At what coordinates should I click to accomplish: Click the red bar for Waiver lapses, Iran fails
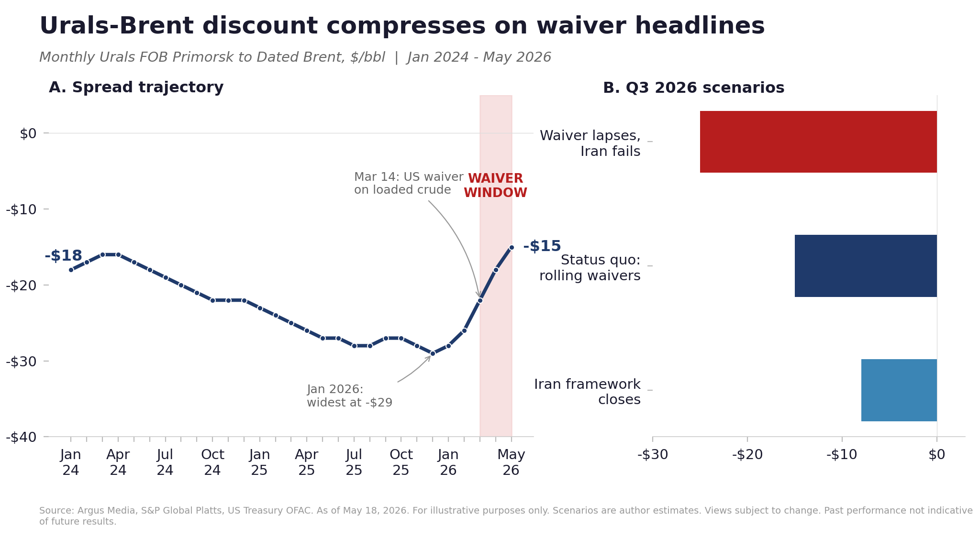(818, 142)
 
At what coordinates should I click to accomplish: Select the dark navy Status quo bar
(866, 266)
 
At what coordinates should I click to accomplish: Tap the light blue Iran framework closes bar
(899, 390)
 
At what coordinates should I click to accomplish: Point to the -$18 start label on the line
(63, 256)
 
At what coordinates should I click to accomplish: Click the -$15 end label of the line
(542, 246)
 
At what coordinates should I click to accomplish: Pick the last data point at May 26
(512, 247)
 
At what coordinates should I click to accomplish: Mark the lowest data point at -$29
(433, 353)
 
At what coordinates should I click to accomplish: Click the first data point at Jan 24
(71, 270)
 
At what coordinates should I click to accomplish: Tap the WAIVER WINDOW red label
(495, 186)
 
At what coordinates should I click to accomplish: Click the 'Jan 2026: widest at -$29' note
(349, 396)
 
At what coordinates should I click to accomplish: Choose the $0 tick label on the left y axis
(28, 133)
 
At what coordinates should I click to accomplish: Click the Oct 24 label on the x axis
(212, 462)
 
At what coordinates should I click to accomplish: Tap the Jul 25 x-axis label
(354, 462)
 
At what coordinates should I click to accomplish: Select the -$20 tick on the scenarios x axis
(747, 455)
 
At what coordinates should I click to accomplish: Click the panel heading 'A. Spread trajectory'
(136, 88)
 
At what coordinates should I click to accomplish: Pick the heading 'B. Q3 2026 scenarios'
(694, 88)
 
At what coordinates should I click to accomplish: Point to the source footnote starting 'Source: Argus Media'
(506, 516)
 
